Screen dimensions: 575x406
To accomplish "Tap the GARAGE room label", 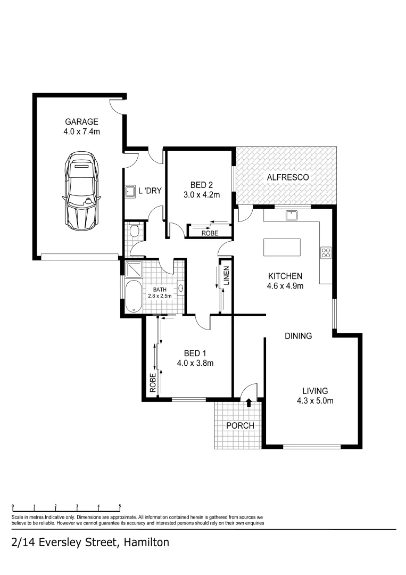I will (x=81, y=121).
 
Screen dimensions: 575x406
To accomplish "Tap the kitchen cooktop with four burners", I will (x=326, y=253).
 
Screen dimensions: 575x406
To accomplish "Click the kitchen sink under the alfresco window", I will (x=291, y=215).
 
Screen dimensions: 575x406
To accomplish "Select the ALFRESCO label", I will (x=288, y=177).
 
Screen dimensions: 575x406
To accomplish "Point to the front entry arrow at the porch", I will (x=248, y=402).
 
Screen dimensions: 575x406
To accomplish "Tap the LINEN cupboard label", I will (x=226, y=275).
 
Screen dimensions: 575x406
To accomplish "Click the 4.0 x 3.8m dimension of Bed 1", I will (x=195, y=364).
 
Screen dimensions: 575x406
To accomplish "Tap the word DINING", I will (x=298, y=336).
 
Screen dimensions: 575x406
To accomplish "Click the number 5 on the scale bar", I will (x=120, y=507).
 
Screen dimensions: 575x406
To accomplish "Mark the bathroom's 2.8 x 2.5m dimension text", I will (x=160, y=296).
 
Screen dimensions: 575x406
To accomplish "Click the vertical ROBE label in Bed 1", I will (x=152, y=383).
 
